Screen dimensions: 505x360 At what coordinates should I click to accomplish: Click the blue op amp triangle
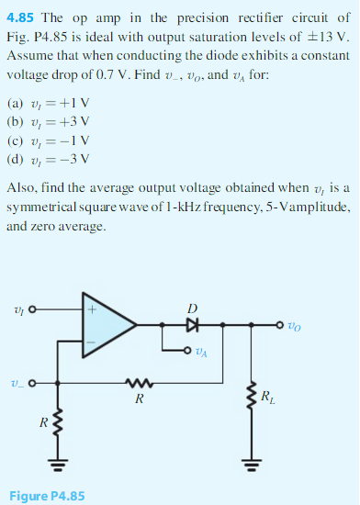point(107,324)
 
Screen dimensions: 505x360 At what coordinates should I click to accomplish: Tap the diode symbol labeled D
point(192,324)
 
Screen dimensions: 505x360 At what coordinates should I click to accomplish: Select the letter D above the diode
point(192,307)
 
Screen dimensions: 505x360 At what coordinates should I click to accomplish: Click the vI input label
point(17,309)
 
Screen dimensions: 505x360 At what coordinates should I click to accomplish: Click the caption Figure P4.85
point(47,496)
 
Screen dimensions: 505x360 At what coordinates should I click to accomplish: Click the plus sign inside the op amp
point(93,309)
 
